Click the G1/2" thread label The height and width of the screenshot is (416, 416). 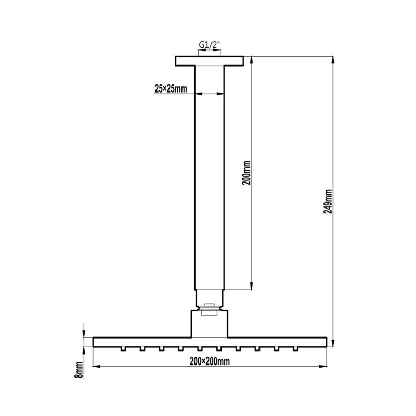click(x=210, y=45)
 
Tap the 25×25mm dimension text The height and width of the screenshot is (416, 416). click(x=171, y=88)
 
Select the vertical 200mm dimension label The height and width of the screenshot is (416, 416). click(x=246, y=173)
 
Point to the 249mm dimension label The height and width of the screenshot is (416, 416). click(x=328, y=201)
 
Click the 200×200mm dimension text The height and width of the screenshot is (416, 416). click(x=210, y=361)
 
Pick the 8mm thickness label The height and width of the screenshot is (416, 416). click(x=79, y=370)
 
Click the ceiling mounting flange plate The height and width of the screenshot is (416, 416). click(x=210, y=61)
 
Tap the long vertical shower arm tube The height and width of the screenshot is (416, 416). click(x=210, y=178)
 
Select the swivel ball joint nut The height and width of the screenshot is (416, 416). click(x=210, y=309)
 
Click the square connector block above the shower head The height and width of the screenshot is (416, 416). click(x=210, y=324)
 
